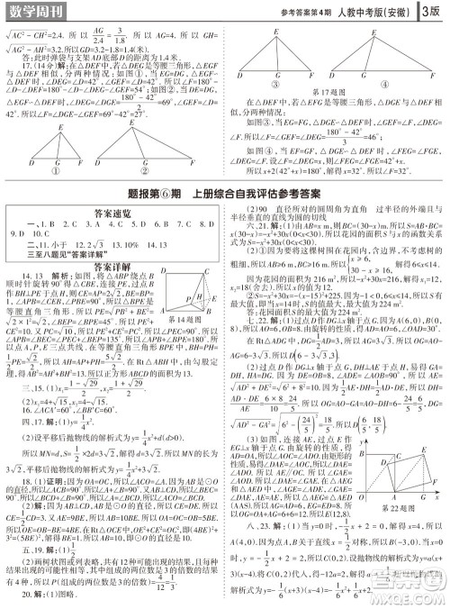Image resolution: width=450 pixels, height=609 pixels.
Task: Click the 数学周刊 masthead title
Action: click(x=36, y=10)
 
